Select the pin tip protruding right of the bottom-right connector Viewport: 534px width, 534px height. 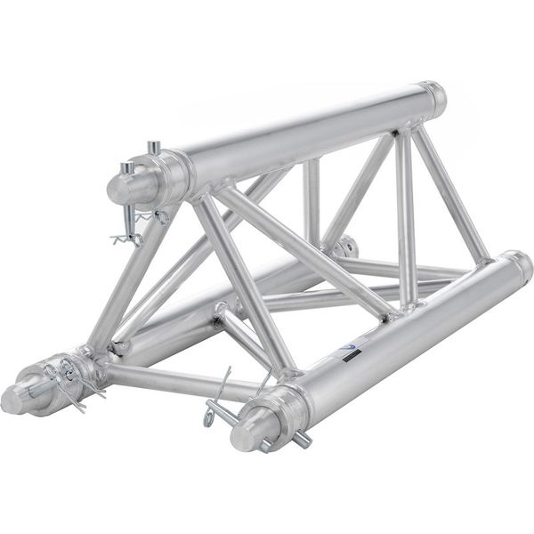pos(303,439)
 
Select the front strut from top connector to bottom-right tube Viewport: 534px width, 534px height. pos(244,285)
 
